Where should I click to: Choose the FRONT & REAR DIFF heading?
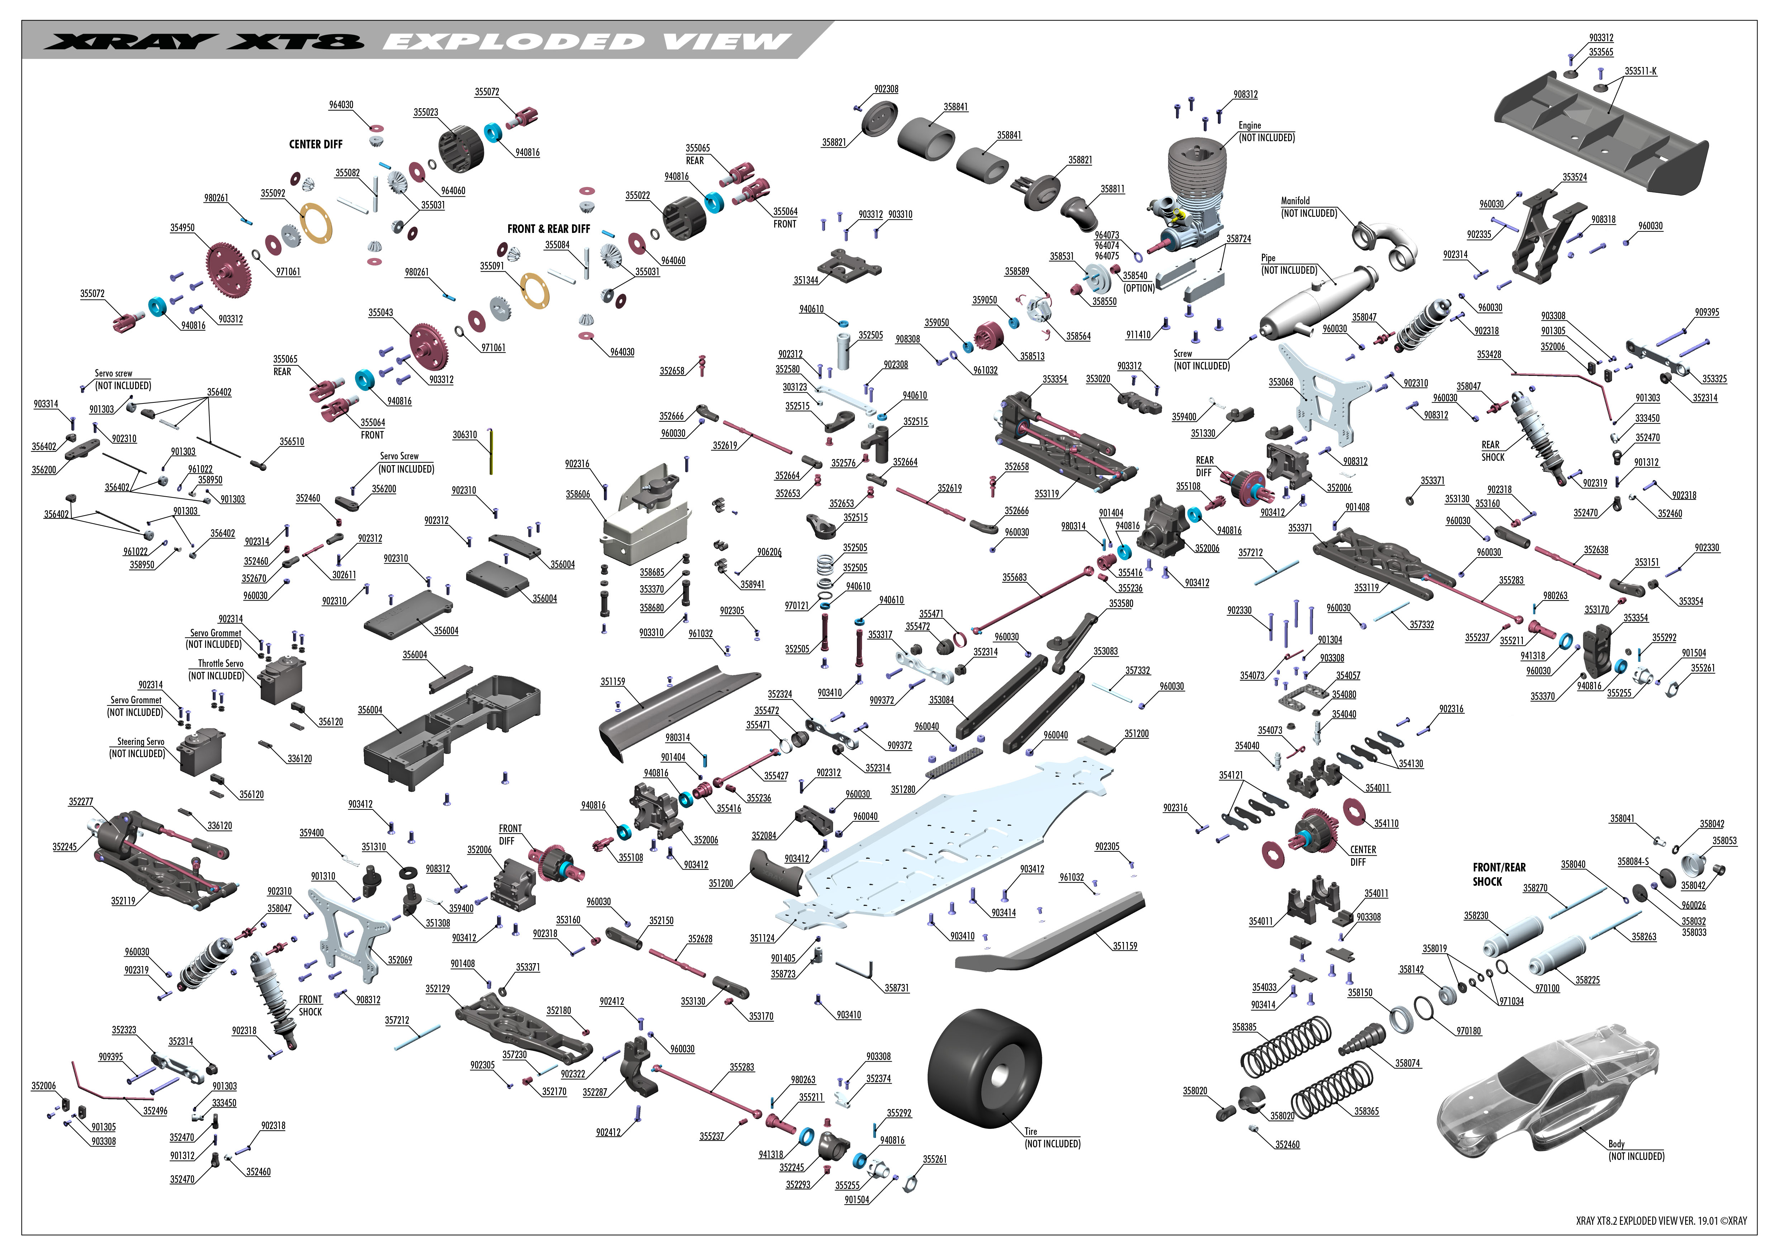click(x=548, y=229)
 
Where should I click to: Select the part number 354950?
click(x=183, y=228)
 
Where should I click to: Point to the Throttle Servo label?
click(x=221, y=663)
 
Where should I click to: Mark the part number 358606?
click(x=578, y=494)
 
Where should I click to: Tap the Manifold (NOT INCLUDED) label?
click(x=1309, y=207)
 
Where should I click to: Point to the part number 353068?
click(x=1281, y=382)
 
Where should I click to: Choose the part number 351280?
click(x=903, y=789)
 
